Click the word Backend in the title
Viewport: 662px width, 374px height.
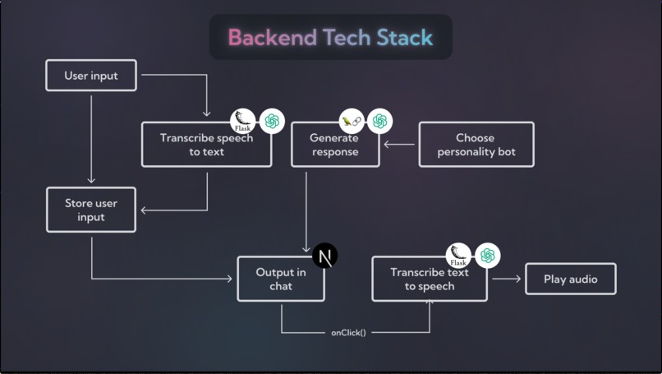pos(272,38)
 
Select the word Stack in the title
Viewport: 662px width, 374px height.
pos(404,38)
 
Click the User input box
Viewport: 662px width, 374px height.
pos(91,76)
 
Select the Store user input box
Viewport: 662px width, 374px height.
pos(91,210)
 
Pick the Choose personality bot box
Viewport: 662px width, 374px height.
pos(476,145)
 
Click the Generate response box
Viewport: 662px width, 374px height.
pos(335,145)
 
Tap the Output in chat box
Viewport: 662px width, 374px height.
pos(281,279)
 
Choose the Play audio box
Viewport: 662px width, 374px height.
pos(571,279)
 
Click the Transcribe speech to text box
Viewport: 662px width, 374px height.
pos(206,145)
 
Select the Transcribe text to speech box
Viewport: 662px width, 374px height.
pos(429,279)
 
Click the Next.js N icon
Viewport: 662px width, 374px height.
pos(325,256)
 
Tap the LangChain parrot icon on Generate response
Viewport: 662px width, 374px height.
pos(352,122)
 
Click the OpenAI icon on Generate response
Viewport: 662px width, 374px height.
pos(379,122)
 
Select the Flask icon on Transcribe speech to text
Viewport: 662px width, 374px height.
pos(243,122)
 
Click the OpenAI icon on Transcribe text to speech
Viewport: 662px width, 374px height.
pos(488,256)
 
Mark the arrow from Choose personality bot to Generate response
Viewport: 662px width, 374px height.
pos(400,145)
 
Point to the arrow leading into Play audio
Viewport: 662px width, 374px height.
pos(507,279)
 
